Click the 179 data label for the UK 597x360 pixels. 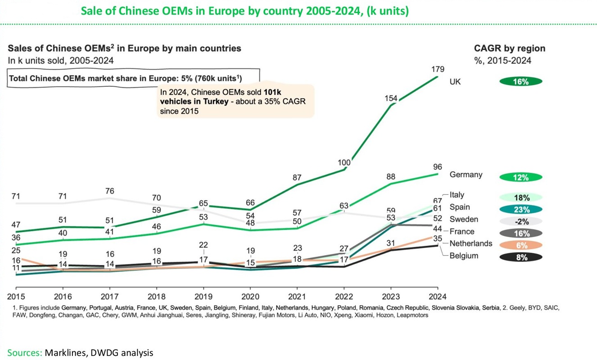438,69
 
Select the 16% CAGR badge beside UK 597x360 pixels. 520,81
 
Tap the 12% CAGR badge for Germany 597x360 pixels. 520,177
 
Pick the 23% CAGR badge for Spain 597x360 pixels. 520,209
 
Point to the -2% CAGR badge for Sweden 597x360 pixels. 520,221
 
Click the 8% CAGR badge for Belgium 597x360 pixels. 520,258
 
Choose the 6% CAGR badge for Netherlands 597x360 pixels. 520,246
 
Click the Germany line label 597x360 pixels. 466,175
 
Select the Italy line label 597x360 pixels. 457,195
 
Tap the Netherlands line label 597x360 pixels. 470,243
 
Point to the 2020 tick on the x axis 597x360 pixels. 250,297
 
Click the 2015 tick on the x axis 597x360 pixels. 16,297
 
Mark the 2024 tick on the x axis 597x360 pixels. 437,297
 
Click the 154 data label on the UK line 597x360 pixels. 391,98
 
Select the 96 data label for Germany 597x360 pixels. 438,166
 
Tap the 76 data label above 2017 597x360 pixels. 109,191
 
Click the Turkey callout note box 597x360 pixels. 235,101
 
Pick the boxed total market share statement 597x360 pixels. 133,78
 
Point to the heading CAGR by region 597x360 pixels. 509,49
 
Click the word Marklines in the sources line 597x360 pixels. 63,352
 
